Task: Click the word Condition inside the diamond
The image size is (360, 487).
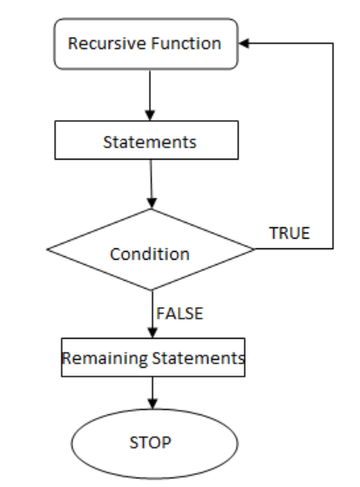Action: [149, 254]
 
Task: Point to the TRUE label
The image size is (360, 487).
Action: [290, 233]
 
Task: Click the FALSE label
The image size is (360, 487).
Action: [180, 313]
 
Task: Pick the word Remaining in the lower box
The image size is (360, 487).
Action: [104, 358]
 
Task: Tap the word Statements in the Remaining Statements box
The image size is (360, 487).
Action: [198, 358]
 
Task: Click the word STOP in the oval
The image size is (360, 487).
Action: [150, 442]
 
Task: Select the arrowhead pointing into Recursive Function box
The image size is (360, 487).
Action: [244, 43]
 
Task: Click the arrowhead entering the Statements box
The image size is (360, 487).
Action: [150, 115]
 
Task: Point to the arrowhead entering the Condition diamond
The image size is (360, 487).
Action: [151, 203]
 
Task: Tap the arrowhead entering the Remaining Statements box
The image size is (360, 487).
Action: [152, 333]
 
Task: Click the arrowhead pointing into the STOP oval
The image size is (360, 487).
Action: [152, 403]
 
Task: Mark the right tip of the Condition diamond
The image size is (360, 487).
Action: [255, 249]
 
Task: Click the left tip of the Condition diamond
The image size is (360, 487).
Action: [47, 249]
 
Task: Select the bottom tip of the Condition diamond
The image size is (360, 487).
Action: [152, 290]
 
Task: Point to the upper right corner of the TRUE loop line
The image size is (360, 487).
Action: [334, 44]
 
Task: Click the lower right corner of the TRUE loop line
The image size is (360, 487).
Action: [334, 248]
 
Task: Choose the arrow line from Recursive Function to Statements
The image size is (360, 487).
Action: [150, 95]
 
